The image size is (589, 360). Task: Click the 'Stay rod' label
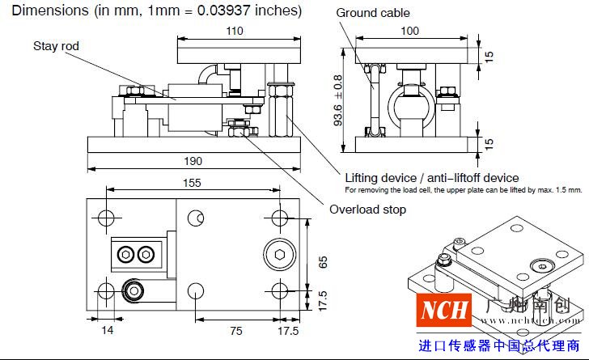(x=56, y=46)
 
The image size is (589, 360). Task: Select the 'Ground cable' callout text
(x=372, y=13)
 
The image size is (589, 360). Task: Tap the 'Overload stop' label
(x=367, y=210)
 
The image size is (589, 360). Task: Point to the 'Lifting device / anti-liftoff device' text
(x=431, y=177)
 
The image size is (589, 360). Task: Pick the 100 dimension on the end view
(x=410, y=31)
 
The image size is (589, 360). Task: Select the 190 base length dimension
(x=193, y=162)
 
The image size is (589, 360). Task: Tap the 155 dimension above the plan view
(x=191, y=184)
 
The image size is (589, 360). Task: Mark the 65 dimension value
(x=323, y=261)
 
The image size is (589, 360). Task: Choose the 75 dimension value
(x=235, y=331)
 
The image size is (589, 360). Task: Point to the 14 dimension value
(x=108, y=331)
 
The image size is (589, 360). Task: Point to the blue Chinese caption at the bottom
(x=499, y=345)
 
